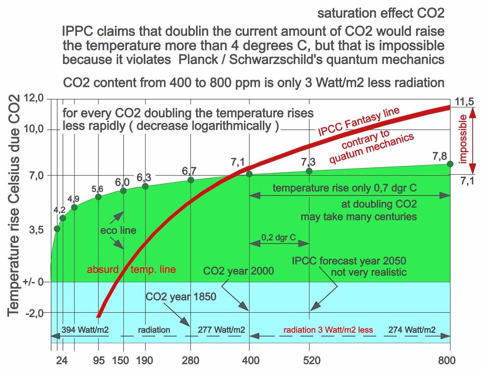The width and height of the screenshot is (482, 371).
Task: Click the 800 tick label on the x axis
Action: (447, 360)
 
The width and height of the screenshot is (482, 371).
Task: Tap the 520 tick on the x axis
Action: (312, 360)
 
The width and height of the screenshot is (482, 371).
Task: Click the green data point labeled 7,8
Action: (450, 164)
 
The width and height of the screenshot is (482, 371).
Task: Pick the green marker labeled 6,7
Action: (191, 180)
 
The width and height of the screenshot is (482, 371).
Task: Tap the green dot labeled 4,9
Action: (74, 207)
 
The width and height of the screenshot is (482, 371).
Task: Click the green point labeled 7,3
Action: (309, 171)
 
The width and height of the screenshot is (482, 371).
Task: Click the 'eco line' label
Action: (118, 230)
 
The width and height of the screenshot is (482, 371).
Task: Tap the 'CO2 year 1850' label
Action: (181, 296)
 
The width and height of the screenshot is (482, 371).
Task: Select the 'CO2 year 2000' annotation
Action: (238, 271)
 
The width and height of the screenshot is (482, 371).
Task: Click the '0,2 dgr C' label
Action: (279, 237)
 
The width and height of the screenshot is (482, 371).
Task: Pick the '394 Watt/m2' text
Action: (85, 330)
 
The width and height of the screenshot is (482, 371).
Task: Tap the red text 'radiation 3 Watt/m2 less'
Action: (328, 330)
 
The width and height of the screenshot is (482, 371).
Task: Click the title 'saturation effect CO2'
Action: (381, 14)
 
